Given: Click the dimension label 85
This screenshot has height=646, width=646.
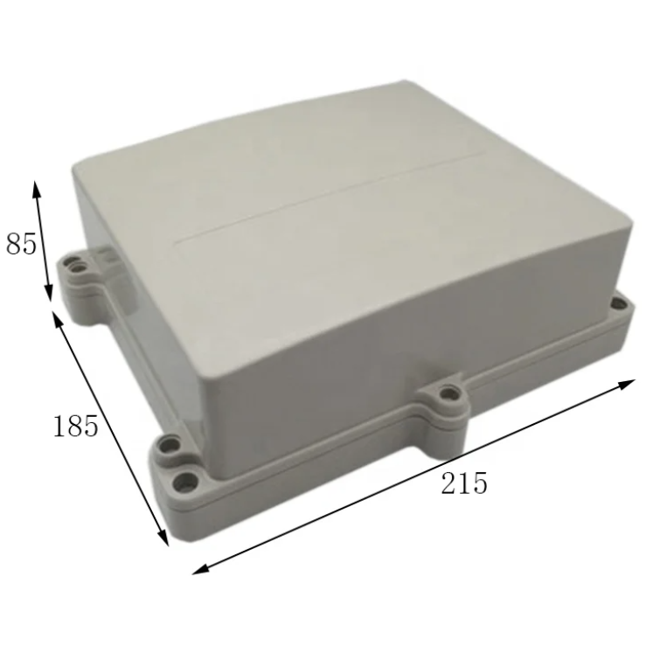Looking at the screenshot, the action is click(21, 244).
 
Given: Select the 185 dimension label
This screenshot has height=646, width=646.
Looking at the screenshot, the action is click(76, 425).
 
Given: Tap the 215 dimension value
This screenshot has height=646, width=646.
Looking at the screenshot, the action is click(464, 483).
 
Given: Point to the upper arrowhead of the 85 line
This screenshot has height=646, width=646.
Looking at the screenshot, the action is click(37, 191).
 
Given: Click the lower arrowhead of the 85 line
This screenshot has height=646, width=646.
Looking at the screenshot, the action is click(48, 292).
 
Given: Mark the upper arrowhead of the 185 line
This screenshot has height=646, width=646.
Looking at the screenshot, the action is click(58, 321).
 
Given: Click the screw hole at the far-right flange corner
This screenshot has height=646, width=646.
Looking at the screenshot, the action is click(617, 303).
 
